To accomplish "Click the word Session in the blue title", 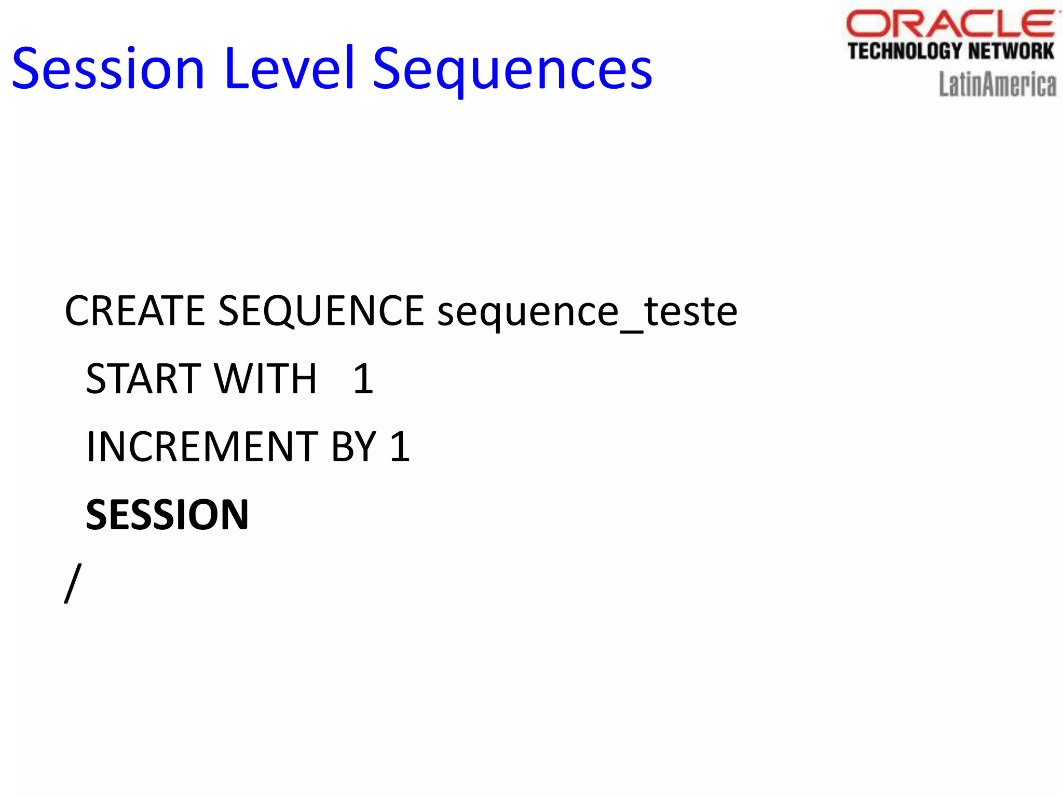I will coord(108,68).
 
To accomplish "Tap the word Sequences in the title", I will coord(512,70).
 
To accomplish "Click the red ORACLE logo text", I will coord(951,24).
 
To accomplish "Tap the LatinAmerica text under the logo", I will coord(997,84).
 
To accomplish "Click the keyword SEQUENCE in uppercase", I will coord(321,311).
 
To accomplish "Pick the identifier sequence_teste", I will coord(587,312).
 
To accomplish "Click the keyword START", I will coord(143,379).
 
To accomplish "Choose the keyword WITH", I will coord(265,379).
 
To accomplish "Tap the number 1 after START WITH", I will coord(363,379).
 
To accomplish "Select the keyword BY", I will coord(353,446).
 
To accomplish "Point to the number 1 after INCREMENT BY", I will coord(400,446).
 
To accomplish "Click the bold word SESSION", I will coord(167,514).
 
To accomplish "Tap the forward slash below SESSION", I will coord(73,583).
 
